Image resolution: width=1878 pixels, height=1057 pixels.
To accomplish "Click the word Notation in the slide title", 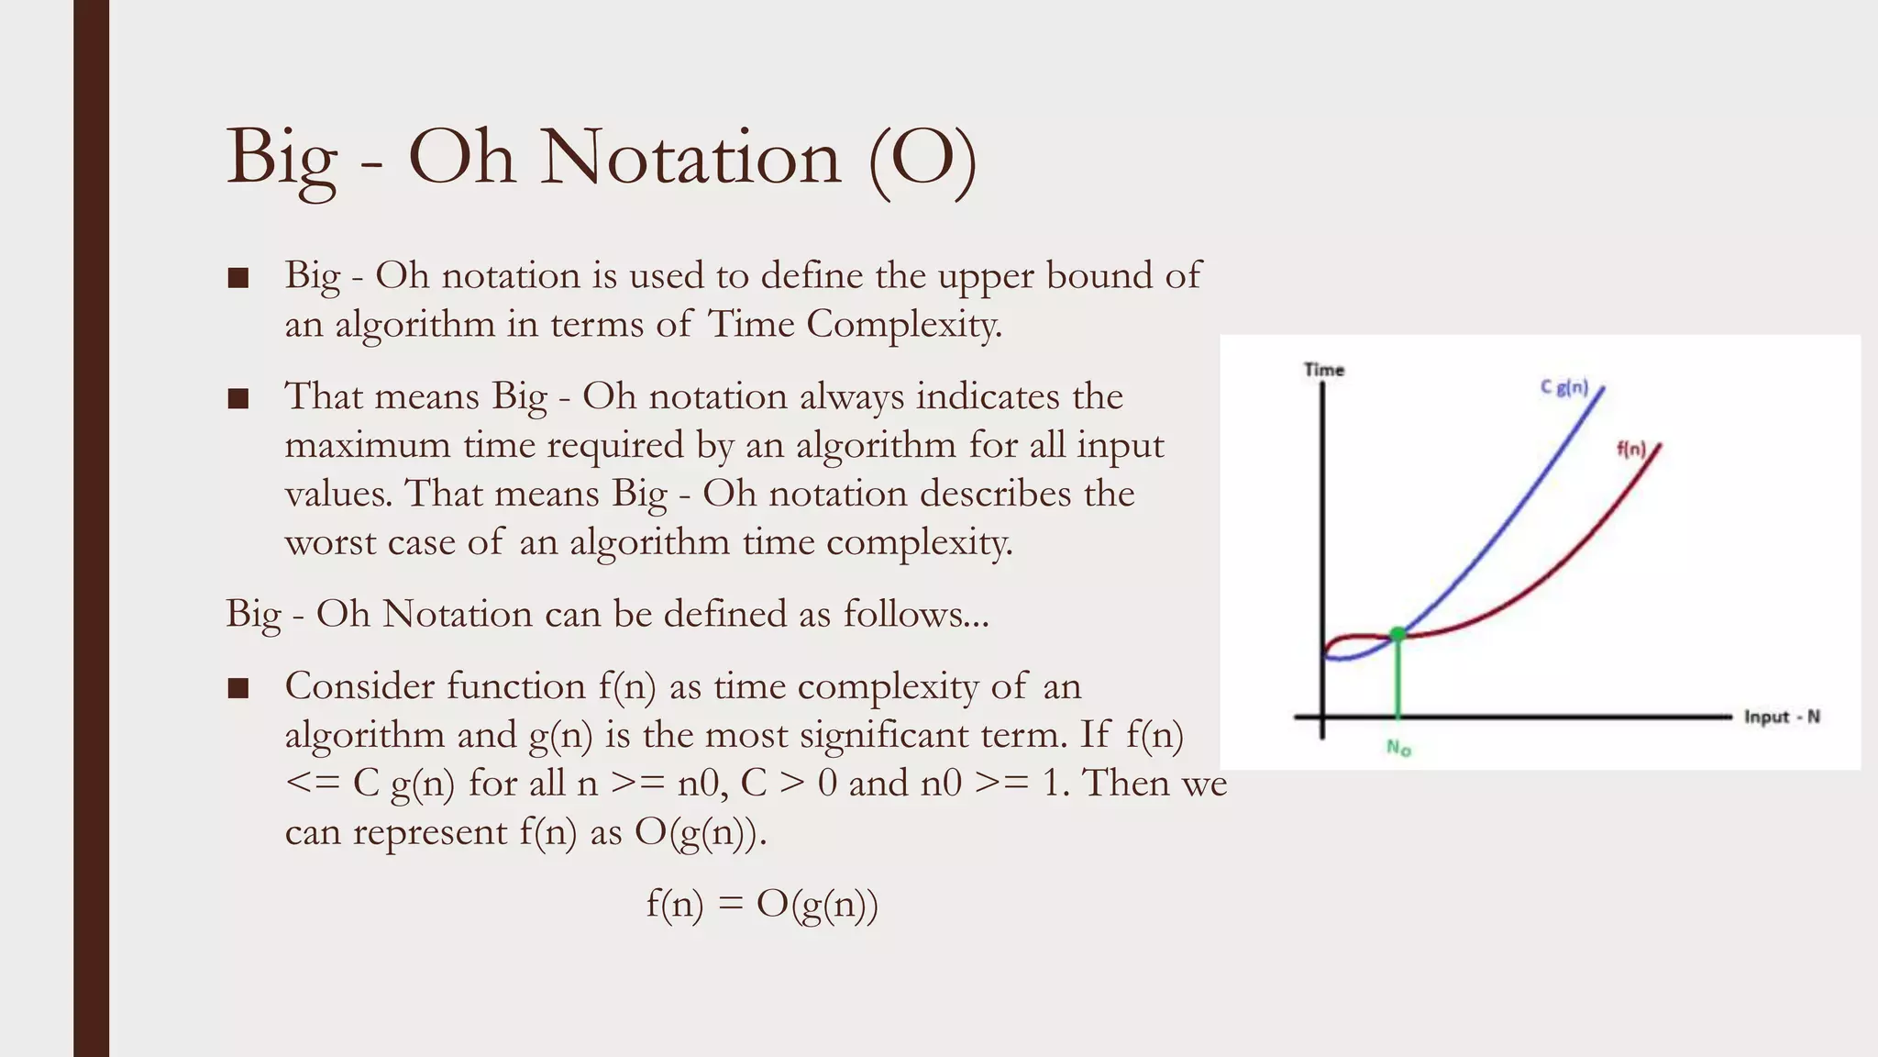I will [690, 158].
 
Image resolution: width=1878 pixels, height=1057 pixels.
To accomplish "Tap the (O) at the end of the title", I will [922, 160].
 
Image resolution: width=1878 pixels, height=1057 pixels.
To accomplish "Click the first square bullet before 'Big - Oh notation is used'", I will [238, 278].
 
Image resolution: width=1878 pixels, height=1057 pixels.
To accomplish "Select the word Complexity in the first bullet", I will [902, 324].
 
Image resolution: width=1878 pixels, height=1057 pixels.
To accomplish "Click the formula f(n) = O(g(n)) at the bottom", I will [762, 905].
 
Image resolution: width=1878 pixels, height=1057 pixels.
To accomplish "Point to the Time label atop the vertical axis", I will [1324, 370].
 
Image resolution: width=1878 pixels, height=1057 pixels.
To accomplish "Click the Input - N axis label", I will [1782, 717].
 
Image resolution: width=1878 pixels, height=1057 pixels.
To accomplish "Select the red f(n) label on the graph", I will [1631, 450].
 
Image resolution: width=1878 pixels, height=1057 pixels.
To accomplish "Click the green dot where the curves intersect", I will [1397, 633].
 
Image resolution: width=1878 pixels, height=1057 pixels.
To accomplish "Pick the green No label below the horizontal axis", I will [1398, 748].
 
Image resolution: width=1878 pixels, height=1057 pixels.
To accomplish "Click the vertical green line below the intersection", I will [1397, 679].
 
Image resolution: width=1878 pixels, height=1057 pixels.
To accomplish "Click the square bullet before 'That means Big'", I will [238, 399].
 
